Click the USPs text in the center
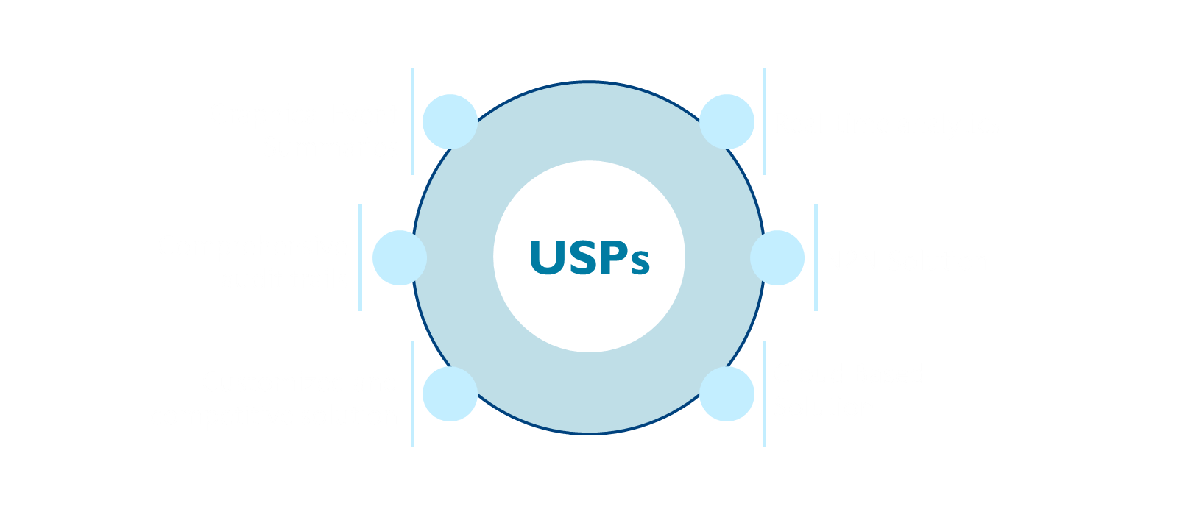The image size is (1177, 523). pos(589,257)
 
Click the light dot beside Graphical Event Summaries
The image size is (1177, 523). pos(450,121)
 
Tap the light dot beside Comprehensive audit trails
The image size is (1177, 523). pos(399,257)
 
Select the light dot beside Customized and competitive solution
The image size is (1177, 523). pos(450,394)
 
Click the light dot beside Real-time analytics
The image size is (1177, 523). pos(727,121)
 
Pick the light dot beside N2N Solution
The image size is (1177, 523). pos(777,257)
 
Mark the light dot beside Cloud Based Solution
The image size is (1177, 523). pos(727,394)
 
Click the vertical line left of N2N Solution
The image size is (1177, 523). pos(816,257)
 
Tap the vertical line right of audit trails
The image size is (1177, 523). pos(360,257)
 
